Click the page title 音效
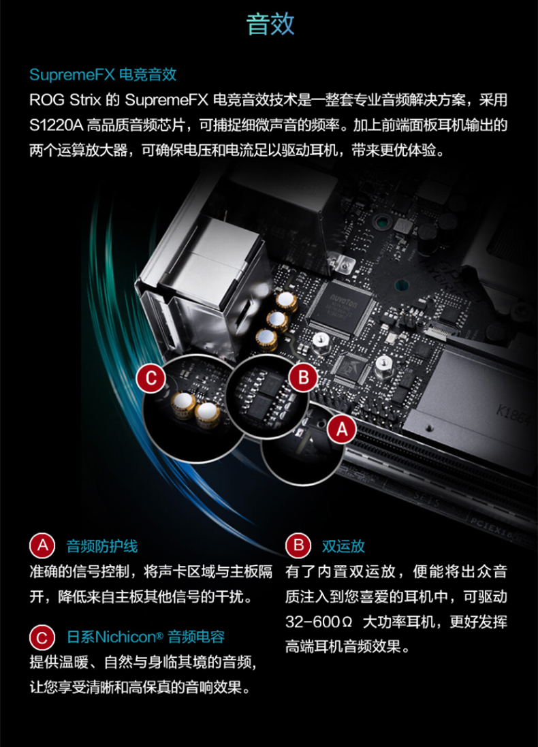pos(270,24)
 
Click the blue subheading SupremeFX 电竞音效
pos(103,74)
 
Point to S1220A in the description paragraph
pos(57,125)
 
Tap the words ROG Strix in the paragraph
pos(65,100)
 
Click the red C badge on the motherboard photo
pos(151,378)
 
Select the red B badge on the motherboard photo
pos(303,378)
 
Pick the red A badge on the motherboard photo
pos(342,429)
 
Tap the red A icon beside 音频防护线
pos(42,545)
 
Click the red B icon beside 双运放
pos(298,545)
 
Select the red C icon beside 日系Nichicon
pos(42,637)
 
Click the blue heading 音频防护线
pos(102,546)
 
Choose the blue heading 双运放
pos(343,546)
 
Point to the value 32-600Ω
pos(319,622)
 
